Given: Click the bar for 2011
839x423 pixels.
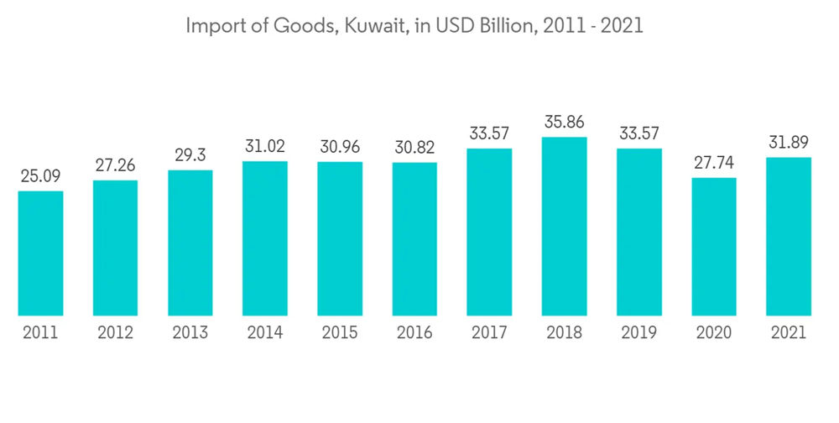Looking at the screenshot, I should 40,253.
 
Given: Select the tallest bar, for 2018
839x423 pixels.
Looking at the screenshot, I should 564,226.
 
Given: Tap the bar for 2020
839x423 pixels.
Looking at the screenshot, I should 714,246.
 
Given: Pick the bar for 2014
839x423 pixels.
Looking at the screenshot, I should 265,238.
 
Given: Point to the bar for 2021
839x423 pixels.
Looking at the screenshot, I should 789,236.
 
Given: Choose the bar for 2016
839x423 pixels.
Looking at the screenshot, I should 414,238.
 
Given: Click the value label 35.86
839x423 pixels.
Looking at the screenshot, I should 564,123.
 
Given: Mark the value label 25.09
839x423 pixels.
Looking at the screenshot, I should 40,177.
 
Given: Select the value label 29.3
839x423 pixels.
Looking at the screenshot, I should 190,156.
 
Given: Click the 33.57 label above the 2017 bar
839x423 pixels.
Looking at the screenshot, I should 489,134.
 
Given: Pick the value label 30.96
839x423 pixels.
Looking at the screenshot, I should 340,148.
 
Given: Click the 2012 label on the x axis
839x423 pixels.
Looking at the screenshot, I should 115,333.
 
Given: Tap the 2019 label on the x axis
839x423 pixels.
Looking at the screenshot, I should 639,333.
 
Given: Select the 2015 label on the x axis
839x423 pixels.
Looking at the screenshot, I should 340,333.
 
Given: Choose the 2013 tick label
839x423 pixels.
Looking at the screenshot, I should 190,333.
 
